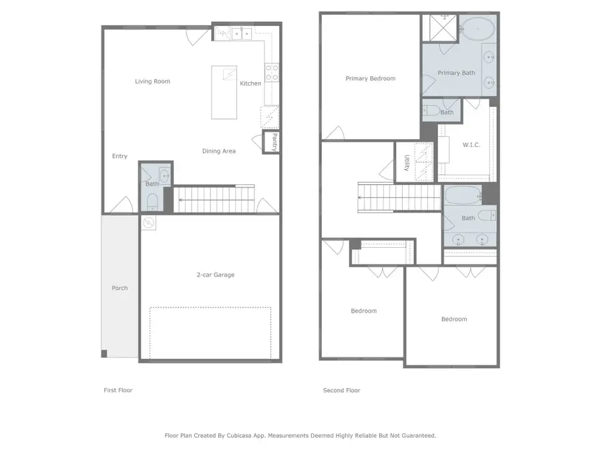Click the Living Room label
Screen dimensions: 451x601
pos(152,82)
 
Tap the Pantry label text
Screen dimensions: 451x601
pos(274,142)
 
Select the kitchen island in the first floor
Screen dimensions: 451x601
pos(224,92)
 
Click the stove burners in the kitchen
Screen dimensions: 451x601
pos(272,72)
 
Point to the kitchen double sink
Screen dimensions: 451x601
pos(241,31)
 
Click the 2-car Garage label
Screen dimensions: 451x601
pos(215,275)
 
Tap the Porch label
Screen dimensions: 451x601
pos(120,288)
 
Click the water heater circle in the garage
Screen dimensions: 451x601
pos(149,222)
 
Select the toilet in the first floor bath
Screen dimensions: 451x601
pos(152,201)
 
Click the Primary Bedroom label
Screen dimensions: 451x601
pos(370,78)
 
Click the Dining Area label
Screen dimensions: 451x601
pos(218,151)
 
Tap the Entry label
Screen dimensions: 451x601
pos(120,156)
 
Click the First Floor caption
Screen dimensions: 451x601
pos(118,390)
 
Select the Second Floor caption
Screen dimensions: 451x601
pos(341,390)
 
